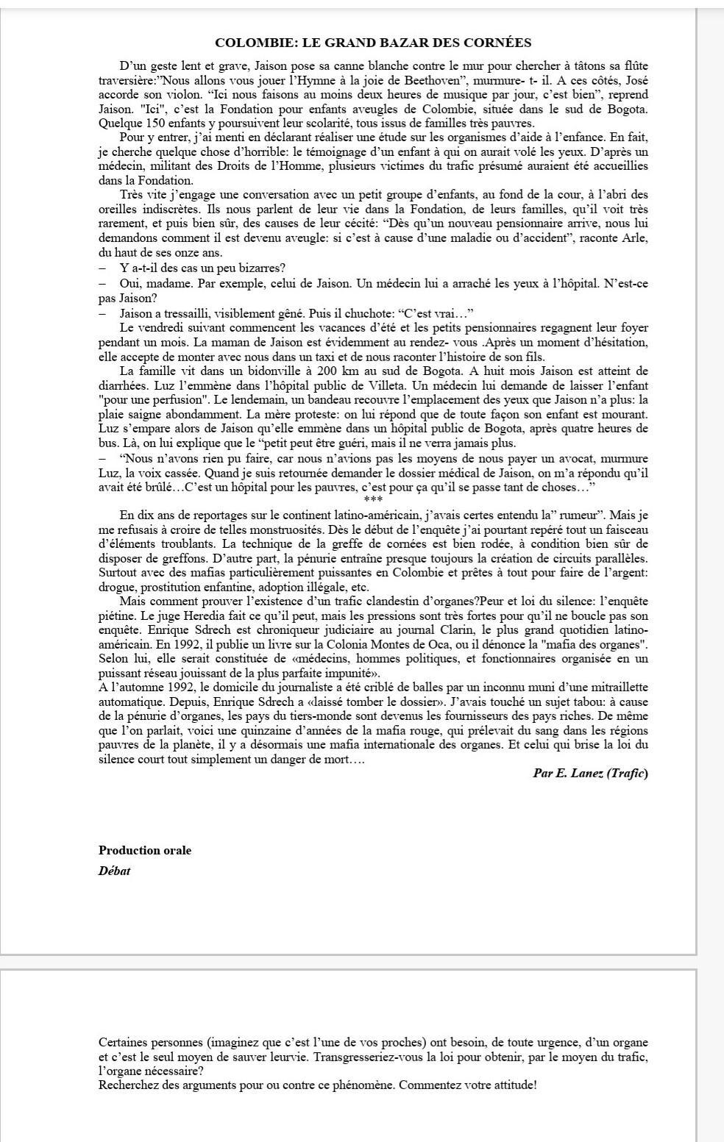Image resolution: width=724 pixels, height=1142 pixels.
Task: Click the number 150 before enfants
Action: (153, 123)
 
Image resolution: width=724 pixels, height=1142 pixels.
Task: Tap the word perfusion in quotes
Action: (177, 399)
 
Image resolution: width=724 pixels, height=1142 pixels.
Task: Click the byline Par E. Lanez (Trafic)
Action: (590, 773)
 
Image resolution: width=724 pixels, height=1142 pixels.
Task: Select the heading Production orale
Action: (145, 850)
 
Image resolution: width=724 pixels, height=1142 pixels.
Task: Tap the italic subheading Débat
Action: (114, 871)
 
